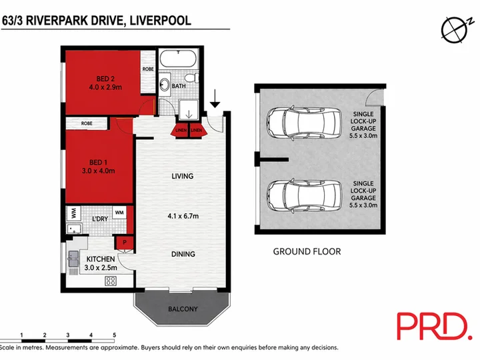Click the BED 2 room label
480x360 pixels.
pyautogui.click(x=105, y=79)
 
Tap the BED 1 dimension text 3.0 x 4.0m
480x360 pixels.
pyautogui.click(x=98, y=171)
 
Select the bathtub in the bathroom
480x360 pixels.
pyautogui.click(x=178, y=59)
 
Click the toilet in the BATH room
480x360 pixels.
pyautogui.click(x=193, y=78)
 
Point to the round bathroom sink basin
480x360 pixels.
pyautogui.click(x=165, y=84)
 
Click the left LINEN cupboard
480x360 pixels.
pyautogui.click(x=181, y=130)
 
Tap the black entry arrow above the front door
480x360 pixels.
pyautogui.click(x=215, y=99)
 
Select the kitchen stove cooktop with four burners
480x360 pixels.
pyautogui.click(x=110, y=281)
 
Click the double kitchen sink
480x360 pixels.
pyautogui.click(x=73, y=259)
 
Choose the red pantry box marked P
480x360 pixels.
pyautogui.click(x=124, y=243)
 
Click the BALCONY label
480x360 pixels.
pyautogui.click(x=183, y=309)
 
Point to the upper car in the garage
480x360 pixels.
pyautogui.click(x=304, y=123)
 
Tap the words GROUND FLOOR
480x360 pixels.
pyautogui.click(x=307, y=251)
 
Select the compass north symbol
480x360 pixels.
pyautogui.click(x=454, y=29)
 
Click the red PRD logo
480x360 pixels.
pyautogui.click(x=435, y=326)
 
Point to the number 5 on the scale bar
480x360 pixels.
pyautogui.click(x=114, y=335)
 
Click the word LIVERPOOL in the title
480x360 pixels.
pyautogui.click(x=161, y=21)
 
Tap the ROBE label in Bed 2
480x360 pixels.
pyautogui.click(x=148, y=69)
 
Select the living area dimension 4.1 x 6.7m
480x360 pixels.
pyautogui.click(x=183, y=216)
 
